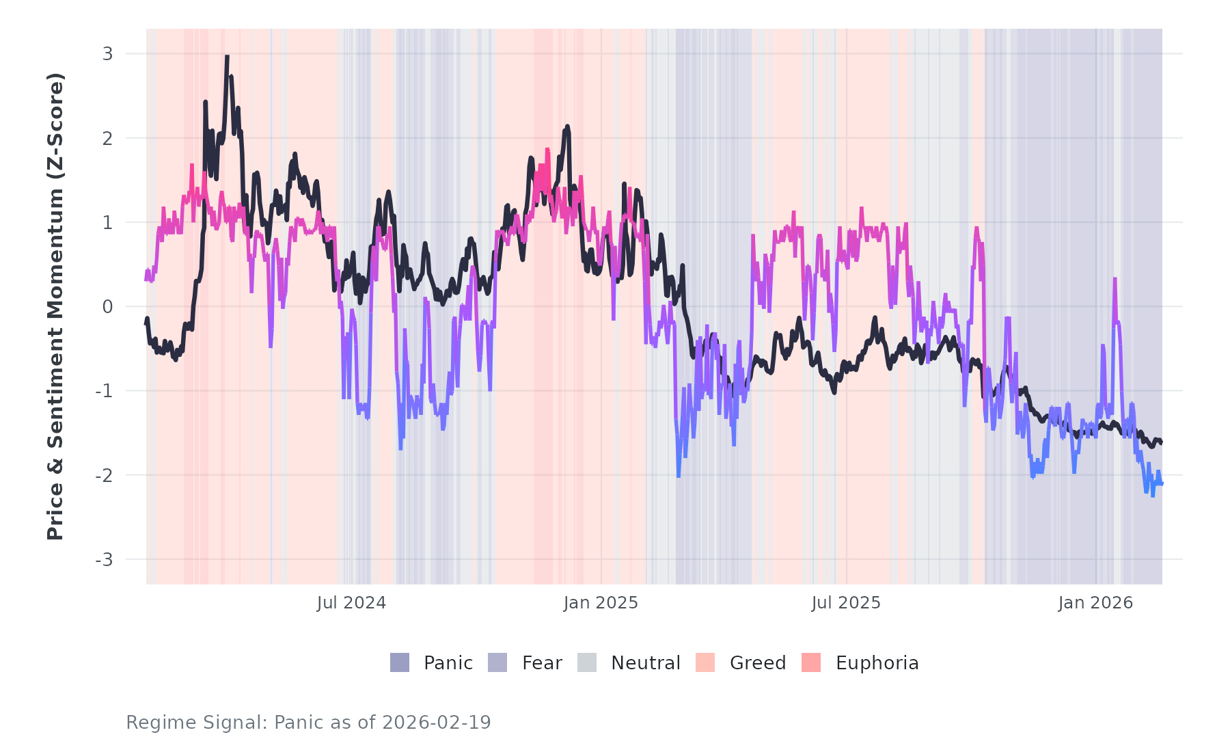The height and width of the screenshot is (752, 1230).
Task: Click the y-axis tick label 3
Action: pos(107,54)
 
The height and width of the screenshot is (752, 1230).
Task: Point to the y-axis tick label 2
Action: pos(107,138)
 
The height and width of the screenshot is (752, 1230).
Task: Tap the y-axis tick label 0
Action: pos(107,307)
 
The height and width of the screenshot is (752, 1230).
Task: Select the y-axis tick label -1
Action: pos(104,391)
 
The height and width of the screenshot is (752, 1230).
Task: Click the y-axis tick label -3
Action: pos(104,560)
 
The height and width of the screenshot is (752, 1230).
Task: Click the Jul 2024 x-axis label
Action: pos(351,603)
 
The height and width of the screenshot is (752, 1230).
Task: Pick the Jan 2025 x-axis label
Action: pos(601,603)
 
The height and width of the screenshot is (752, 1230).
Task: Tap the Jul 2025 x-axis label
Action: pos(846,603)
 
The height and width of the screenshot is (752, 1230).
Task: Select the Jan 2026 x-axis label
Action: pos(1095,603)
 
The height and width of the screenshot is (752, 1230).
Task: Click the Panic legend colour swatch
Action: pos(400,662)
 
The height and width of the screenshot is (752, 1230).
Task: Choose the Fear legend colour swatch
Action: pos(497,662)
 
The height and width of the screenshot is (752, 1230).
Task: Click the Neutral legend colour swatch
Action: pos(587,662)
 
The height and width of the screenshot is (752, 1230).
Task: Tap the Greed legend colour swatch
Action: pos(705,662)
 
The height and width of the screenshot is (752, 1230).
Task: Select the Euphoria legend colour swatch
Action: pos(811,662)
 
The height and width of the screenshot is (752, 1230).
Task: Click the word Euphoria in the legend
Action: pos(877,663)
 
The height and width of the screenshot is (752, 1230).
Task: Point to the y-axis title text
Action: pos(55,306)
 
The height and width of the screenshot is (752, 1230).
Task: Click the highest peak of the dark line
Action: pos(227,57)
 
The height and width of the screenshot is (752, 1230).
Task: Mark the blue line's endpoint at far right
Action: pos(1162,483)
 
